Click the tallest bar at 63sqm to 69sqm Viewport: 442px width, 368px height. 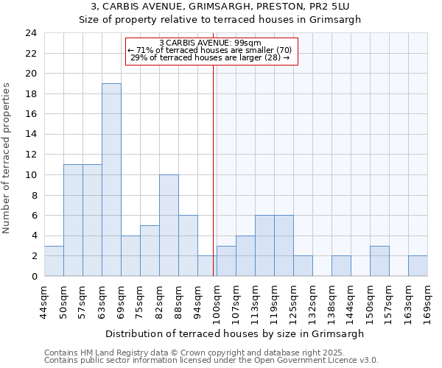[111, 180]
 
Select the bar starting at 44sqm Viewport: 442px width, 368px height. [54, 261]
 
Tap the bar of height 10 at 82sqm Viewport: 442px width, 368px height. [169, 225]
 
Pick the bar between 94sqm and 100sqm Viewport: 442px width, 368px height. [207, 266]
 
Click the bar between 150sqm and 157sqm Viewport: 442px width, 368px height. [379, 261]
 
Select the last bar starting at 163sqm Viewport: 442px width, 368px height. [418, 266]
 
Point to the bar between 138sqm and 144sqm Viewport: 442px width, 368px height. [341, 266]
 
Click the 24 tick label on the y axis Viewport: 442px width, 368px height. [30, 33]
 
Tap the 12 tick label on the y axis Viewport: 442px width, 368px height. [30, 155]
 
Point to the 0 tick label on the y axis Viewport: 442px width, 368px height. [33, 276]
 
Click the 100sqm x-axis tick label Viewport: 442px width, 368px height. [217, 302]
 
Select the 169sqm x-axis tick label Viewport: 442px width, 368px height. [427, 302]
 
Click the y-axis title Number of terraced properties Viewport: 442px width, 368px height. [7, 158]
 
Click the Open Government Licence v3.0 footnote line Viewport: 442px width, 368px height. [211, 361]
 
